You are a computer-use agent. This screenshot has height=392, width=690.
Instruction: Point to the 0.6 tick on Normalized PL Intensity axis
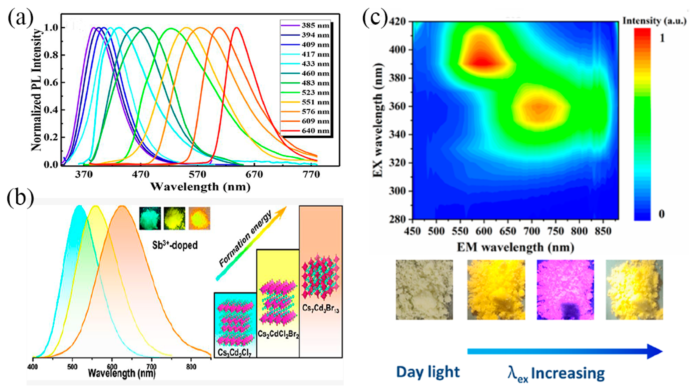coord(51,83)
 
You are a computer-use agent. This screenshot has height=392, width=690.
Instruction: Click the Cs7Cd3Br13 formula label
coord(320,308)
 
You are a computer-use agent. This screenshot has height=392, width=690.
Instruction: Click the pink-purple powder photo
coord(565,289)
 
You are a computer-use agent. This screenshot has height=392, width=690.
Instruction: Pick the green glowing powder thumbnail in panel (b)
coord(150,218)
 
